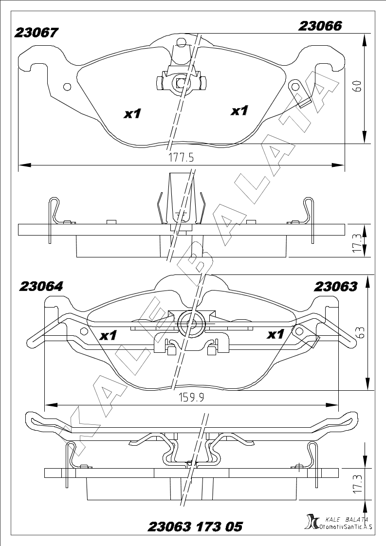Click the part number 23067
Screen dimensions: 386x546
pyautogui.click(x=36, y=33)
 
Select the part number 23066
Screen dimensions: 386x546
pyautogui.click(x=320, y=26)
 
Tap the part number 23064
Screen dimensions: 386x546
pyautogui.click(x=41, y=286)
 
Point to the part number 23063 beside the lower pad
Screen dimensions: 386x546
pyautogui.click(x=335, y=286)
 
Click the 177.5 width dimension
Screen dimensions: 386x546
pyautogui.click(x=181, y=158)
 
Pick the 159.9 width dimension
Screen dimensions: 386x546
pyautogui.click(x=191, y=397)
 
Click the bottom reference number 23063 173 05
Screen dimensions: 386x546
pyautogui.click(x=195, y=527)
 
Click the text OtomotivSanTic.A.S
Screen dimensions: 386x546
pyautogui.click(x=346, y=527)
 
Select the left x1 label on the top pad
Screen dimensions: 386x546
pyautogui.click(x=133, y=113)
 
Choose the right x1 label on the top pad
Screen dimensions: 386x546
pyautogui.click(x=239, y=111)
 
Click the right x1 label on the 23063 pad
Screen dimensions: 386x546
pyautogui.click(x=276, y=335)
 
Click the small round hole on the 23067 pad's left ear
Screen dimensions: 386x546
pyautogui.click(x=68, y=86)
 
